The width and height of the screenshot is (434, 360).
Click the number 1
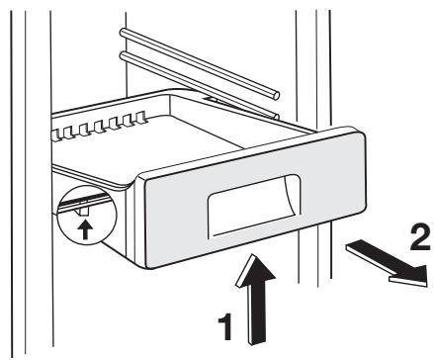(225, 326)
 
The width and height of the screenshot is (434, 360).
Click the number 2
(419, 237)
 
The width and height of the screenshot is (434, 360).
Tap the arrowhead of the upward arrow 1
(255, 270)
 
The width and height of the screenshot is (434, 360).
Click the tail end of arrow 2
(350, 245)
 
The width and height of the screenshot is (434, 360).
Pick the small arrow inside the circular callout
(85, 229)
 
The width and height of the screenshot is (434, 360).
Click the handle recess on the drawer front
(254, 206)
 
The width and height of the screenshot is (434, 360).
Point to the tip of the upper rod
(276, 96)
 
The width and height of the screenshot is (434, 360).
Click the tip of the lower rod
(277, 117)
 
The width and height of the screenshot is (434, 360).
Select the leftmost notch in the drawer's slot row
(56, 135)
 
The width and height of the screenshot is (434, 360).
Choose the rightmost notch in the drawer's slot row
(141, 116)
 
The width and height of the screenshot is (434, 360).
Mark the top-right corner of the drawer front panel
(362, 133)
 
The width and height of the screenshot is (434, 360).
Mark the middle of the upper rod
(200, 62)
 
